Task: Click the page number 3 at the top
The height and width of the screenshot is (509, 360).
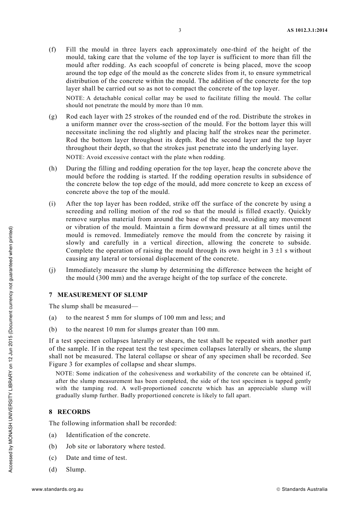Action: [180, 30]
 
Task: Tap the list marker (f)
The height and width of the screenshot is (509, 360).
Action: [52, 50]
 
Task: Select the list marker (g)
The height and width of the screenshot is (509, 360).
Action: [53, 117]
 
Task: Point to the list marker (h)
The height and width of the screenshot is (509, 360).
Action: [53, 169]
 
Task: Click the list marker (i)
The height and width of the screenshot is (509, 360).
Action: [52, 204]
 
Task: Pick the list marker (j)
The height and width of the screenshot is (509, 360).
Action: [52, 270]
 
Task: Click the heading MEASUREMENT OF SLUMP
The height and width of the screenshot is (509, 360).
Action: [102, 295]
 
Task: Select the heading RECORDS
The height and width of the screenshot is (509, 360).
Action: [74, 412]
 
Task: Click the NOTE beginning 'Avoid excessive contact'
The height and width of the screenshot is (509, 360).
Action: [146, 157]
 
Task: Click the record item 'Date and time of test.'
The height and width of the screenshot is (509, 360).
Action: [96, 458]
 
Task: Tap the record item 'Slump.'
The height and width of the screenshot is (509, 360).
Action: [76, 470]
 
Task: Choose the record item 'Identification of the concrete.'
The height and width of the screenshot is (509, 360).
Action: [108, 435]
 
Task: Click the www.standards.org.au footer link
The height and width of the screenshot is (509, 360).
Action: [58, 489]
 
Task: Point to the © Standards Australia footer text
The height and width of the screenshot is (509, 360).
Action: [302, 489]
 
